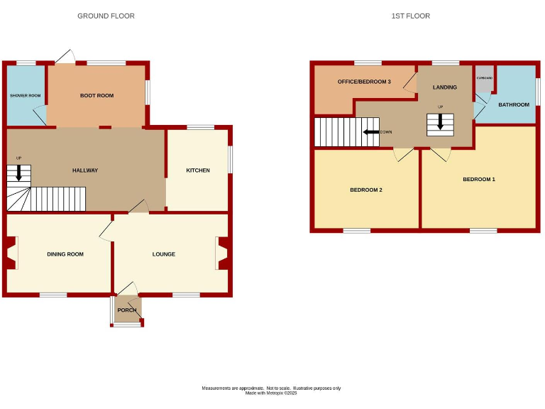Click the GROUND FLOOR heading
[x=106, y=16]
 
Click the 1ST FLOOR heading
[x=410, y=16]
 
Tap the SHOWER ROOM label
[x=25, y=95]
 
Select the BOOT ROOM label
[x=97, y=95]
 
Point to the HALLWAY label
[x=85, y=170]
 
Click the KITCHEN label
[x=198, y=170]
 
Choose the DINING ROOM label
[x=65, y=254]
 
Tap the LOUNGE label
[x=164, y=254]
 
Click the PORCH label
[x=127, y=310]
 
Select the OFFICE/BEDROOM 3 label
[x=364, y=82]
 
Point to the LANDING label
[x=445, y=87]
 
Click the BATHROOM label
[x=513, y=105]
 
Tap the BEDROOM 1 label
[x=479, y=180]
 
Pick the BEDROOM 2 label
[x=366, y=190]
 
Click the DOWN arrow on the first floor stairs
[x=370, y=132]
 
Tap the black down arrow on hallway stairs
[x=18, y=173]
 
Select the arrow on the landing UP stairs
[x=440, y=123]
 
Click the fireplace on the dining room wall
[x=11, y=253]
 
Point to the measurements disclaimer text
[x=272, y=390]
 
